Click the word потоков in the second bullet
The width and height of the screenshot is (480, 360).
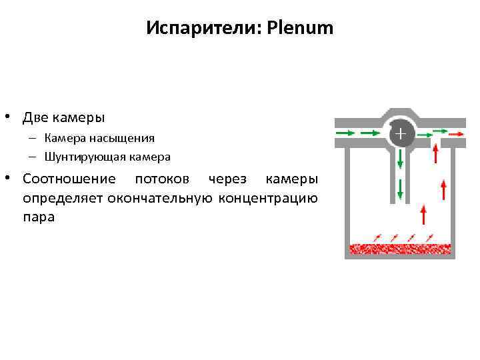[x=165, y=179]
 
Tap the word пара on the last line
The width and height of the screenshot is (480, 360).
[x=38, y=217]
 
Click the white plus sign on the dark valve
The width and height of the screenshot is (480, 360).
[x=399, y=135]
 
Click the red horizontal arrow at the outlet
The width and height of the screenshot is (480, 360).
[x=457, y=133]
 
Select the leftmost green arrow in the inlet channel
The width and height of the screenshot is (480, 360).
[x=345, y=133]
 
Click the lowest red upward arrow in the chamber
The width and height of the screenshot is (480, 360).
[x=422, y=217]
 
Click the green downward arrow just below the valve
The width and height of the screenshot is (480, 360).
[x=400, y=158]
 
